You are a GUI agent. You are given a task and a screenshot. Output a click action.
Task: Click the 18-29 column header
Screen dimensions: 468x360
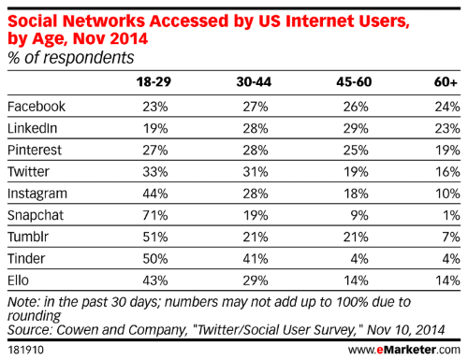154,82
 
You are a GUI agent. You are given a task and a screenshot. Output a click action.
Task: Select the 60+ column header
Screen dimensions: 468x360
446,82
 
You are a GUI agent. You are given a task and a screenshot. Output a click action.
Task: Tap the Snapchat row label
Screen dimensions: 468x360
36,215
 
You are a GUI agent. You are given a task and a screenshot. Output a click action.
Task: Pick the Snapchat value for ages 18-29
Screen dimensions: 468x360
155,215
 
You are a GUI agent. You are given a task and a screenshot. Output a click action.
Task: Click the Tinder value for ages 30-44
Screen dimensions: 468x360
256,259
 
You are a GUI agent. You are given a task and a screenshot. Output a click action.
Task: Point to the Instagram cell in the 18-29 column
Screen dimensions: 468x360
155,194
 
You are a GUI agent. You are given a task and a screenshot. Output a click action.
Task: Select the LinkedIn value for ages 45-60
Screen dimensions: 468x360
356,128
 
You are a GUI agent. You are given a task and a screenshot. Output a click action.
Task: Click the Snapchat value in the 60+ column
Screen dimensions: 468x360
451,215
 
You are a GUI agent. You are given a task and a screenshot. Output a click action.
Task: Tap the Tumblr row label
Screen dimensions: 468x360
28,237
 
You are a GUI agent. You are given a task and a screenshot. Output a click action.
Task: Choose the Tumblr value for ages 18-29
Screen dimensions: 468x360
155,238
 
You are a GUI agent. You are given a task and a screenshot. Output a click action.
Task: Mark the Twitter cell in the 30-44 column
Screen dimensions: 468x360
256,172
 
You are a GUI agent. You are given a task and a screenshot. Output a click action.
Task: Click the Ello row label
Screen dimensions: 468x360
18,281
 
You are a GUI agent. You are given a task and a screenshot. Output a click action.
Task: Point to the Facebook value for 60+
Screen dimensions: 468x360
447,107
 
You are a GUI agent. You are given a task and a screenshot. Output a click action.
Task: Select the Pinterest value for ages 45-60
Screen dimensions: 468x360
356,151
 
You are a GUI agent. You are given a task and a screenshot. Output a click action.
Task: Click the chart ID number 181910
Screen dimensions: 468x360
25,350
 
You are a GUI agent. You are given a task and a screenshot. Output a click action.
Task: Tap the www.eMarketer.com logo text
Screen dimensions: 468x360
404,350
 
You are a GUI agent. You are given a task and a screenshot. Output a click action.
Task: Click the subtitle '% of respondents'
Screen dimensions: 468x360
71,58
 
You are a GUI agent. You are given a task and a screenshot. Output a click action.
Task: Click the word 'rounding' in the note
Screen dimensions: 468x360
34,316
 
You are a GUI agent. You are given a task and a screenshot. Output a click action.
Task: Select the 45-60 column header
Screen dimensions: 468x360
354,82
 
